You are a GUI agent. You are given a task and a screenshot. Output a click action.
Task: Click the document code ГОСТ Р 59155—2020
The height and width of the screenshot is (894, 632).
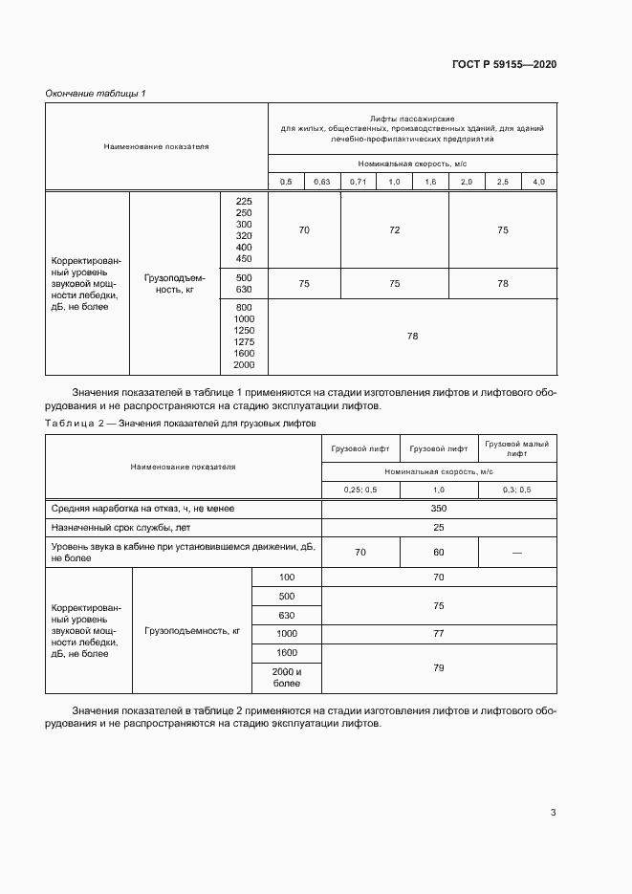click(x=504, y=65)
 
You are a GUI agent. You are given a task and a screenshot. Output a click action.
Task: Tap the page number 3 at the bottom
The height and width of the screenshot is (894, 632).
click(x=553, y=813)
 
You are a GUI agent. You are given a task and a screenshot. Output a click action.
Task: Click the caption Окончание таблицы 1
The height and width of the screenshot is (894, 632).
click(x=96, y=93)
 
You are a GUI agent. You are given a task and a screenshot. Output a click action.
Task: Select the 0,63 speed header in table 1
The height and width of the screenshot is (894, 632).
click(x=322, y=182)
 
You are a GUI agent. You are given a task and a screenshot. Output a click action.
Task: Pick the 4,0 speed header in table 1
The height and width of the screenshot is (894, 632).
click(x=538, y=182)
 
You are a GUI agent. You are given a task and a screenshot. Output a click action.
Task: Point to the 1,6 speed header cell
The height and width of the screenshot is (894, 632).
click(x=430, y=182)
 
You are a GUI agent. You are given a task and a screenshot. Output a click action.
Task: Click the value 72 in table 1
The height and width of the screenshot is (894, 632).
click(x=394, y=230)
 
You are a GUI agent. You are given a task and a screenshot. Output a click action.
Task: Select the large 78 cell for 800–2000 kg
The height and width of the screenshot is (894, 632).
click(x=412, y=336)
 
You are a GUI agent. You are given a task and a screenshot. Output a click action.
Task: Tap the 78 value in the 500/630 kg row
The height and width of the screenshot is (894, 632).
click(x=503, y=283)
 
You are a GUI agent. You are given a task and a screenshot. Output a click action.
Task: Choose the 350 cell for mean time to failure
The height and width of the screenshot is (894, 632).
click(x=439, y=509)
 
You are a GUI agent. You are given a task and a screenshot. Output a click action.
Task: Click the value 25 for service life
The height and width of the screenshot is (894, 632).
click(x=439, y=527)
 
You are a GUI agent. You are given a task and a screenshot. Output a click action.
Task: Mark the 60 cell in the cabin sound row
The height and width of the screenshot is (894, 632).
click(x=439, y=552)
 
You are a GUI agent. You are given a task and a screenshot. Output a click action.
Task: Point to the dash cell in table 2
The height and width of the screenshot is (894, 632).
click(x=516, y=552)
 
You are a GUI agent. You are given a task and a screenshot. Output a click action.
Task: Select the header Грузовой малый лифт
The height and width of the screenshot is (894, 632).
click(x=516, y=448)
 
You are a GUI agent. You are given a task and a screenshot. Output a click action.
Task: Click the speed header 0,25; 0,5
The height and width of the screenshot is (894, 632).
click(x=360, y=490)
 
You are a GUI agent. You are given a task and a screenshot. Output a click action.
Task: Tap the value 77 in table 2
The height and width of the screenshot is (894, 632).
click(x=439, y=633)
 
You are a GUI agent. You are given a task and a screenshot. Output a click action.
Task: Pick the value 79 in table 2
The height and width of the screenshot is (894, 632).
click(x=439, y=667)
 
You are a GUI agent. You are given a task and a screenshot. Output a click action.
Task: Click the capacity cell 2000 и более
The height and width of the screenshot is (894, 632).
click(x=287, y=678)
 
